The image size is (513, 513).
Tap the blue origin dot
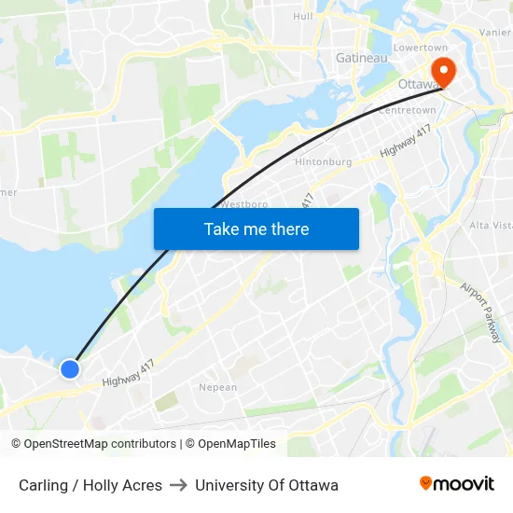click(x=70, y=369)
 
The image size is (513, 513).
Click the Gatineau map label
click(x=361, y=58)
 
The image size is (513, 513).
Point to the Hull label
click(x=303, y=16)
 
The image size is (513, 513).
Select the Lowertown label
click(x=421, y=48)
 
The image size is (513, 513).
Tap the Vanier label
click(x=494, y=32)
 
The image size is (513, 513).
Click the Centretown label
click(x=407, y=110)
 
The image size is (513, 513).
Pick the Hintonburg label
click(x=323, y=161)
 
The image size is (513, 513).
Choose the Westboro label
click(x=244, y=203)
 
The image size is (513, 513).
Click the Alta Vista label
click(x=490, y=226)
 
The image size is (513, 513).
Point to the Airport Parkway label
click(x=480, y=312)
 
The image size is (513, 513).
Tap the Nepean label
click(x=218, y=387)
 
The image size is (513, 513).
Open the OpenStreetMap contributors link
click(x=100, y=444)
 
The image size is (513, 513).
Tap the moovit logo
click(x=456, y=484)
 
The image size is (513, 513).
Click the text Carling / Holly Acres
click(x=90, y=485)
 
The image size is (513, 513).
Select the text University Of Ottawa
click(x=267, y=485)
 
